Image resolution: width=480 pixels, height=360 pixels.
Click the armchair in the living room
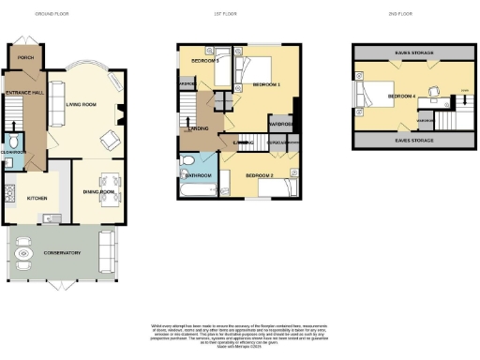coord(109,141)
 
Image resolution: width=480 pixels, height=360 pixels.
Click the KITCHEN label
coord(37,199)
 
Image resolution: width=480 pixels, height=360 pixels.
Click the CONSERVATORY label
coord(61,253)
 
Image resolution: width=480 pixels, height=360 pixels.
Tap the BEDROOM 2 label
coord(259,176)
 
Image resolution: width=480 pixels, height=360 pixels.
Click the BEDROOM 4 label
coord(402,96)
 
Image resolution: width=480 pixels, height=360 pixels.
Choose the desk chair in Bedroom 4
coord(434,92)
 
